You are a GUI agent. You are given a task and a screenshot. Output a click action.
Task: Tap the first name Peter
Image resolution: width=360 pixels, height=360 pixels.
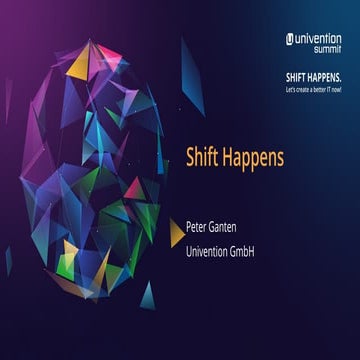pyautogui.click(x=200, y=226)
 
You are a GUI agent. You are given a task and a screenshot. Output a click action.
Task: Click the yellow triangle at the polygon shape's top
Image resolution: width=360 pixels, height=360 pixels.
pyautogui.click(x=80, y=64)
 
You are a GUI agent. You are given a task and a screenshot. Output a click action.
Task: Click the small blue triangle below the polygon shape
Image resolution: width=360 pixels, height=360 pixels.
pyautogui.click(x=147, y=294)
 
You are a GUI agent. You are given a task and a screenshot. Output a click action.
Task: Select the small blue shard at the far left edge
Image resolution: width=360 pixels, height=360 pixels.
pyautogui.click(x=7, y=262)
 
